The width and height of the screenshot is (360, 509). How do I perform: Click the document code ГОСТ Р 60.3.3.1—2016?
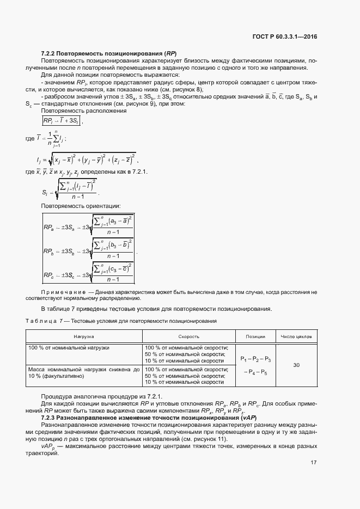point(285,36)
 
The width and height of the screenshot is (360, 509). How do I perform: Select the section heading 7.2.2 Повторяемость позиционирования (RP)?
point(109,53)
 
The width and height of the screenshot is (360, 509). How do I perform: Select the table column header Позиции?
point(255,336)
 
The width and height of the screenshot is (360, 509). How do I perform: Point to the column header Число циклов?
point(296,336)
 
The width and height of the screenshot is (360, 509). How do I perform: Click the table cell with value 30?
point(296,365)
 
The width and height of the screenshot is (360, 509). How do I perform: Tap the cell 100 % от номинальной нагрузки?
point(69,347)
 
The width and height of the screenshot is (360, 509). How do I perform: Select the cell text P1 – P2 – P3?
point(255,359)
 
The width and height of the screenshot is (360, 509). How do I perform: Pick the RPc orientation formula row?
point(89,275)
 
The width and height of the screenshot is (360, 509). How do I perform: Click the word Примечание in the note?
point(63,292)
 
